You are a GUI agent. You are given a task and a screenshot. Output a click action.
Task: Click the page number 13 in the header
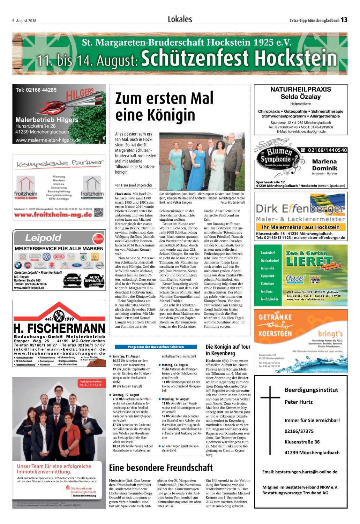coord(344,20)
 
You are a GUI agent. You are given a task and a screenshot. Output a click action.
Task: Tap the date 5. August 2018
coord(24,21)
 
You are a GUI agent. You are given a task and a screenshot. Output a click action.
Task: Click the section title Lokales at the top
coord(180,20)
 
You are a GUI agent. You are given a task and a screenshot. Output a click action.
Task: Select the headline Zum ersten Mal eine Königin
coord(164,106)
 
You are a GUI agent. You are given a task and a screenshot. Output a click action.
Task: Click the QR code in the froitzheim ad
coord(99,212)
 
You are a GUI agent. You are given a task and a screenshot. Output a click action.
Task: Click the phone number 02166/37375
coord(299,431)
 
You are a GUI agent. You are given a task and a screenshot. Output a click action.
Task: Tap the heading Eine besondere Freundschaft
coord(161,468)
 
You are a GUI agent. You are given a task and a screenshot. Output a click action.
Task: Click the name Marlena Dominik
coord(324,165)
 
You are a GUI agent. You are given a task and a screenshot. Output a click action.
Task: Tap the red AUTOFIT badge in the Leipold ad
coord(98,239)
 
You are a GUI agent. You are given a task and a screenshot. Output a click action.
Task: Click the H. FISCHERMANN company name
coord(59,328)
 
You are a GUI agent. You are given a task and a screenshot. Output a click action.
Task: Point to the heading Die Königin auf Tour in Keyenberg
coord(228,350)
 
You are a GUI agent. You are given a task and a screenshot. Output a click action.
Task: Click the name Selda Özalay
coord(300,97)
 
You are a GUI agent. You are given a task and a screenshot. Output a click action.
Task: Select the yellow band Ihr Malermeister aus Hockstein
coord(300,227)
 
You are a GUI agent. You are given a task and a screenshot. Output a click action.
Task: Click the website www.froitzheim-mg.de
coord(53,215)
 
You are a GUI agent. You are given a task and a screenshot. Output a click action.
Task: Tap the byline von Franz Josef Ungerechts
coord(134,185)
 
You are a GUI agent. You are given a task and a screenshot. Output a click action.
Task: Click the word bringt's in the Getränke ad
coord(330,334)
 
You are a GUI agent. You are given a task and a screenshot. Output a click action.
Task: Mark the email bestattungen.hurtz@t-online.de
coord(300,472)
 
